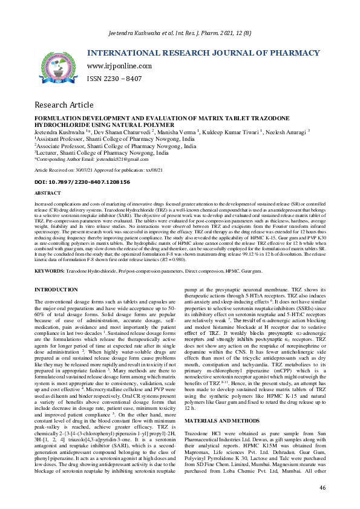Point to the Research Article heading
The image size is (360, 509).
(x=64, y=105)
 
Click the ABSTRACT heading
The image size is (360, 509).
(x=48, y=193)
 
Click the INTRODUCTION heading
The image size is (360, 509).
(x=56, y=291)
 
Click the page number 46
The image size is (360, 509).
(x=322, y=487)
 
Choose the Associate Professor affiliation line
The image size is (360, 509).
(x=116, y=146)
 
